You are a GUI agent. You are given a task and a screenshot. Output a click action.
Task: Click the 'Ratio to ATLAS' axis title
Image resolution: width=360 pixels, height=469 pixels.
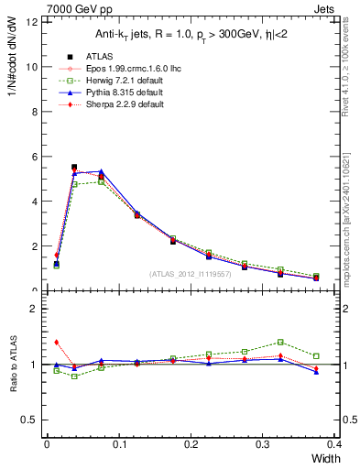click(15, 365)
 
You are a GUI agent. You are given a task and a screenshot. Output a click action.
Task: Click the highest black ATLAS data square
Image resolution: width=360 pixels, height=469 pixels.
click(74, 168)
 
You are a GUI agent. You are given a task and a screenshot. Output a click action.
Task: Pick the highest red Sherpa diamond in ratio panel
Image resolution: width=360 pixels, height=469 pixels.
click(56, 342)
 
